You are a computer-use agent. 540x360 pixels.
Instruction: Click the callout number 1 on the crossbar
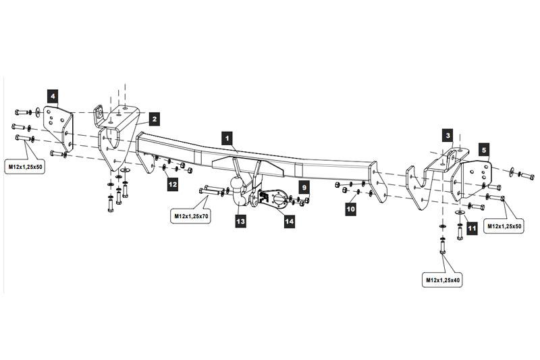pos(229,137)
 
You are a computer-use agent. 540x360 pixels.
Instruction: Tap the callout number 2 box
pos(154,119)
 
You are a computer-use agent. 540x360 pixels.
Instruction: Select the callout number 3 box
pos(448,135)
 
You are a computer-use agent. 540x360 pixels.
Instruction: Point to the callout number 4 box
pos(52,95)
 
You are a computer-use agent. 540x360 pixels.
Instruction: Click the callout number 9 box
pos(304,186)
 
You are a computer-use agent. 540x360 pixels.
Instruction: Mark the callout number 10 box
pos(350,210)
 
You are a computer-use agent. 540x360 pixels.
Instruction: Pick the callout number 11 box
pos(472,228)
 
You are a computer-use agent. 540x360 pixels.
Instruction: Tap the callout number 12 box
pos(173,182)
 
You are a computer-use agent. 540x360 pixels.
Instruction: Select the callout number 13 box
pos(241,220)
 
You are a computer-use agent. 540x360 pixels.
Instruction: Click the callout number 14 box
pos(290,220)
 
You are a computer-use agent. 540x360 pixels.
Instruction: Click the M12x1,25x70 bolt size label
pos(190,216)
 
